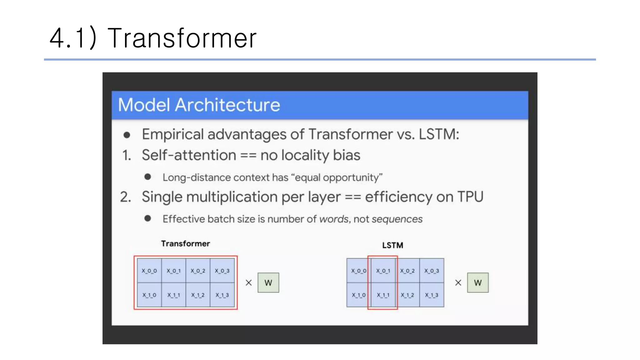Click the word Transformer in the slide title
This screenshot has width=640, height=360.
coord(182,38)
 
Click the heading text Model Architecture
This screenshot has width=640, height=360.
coord(199,105)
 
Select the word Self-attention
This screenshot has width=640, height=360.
coord(189,155)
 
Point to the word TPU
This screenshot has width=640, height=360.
coord(470,197)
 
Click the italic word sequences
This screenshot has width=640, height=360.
coord(397,219)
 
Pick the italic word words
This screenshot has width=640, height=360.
coord(333,219)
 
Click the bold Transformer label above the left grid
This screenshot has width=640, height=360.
coord(185,244)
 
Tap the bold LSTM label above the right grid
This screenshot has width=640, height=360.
coord(392,245)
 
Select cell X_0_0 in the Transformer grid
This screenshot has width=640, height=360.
coord(149,271)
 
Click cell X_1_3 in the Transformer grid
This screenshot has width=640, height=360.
coord(222,295)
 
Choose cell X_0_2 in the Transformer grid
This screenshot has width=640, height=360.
coord(198,271)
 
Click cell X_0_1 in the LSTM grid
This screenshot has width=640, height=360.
coord(383,271)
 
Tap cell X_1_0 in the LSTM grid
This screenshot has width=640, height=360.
coord(358,295)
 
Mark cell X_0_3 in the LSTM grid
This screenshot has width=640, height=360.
coord(432,271)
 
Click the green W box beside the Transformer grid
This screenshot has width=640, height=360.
coord(268,283)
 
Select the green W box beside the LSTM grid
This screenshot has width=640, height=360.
coord(477,283)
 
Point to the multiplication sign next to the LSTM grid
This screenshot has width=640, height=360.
coord(458,283)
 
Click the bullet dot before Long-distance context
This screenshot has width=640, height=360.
coord(148,177)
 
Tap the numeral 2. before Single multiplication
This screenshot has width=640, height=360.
coord(126,197)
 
